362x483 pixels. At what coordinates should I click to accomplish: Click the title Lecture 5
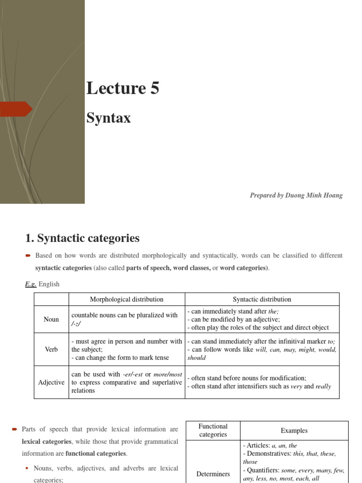click(123, 88)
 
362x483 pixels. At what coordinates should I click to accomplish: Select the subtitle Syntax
click(108, 117)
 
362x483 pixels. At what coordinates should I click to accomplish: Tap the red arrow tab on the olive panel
click(16, 109)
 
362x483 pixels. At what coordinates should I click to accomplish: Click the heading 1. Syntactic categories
click(82, 238)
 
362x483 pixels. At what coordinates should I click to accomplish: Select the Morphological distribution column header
click(126, 299)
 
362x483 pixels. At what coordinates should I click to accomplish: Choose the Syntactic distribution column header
click(262, 299)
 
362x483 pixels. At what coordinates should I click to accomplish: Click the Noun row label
click(51, 319)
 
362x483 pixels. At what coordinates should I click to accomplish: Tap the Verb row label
click(51, 350)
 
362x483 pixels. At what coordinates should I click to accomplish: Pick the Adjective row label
click(51, 382)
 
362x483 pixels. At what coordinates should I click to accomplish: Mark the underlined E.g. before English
click(31, 284)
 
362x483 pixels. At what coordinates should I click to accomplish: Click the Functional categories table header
click(213, 430)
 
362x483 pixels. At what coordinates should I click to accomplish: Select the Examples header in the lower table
click(294, 431)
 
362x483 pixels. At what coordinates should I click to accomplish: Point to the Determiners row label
click(213, 474)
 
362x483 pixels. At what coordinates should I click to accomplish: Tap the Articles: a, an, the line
click(270, 445)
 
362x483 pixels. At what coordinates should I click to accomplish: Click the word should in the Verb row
click(197, 358)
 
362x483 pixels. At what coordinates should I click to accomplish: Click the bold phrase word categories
click(243, 268)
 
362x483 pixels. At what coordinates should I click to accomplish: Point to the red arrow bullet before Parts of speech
click(14, 429)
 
